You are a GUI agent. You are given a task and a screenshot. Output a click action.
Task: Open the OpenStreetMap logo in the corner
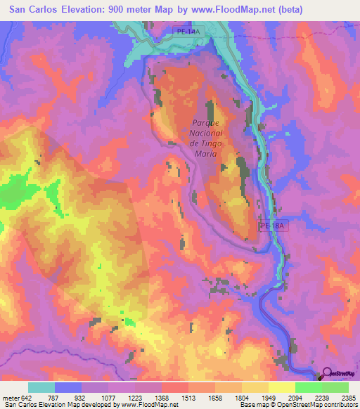pos(338,374)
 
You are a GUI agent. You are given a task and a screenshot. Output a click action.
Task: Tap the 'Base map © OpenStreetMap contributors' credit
pos(298,405)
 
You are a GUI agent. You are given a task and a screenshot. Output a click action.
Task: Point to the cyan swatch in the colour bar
pos(41,387)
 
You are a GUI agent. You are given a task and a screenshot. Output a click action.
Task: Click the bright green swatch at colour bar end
pos(335,387)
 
